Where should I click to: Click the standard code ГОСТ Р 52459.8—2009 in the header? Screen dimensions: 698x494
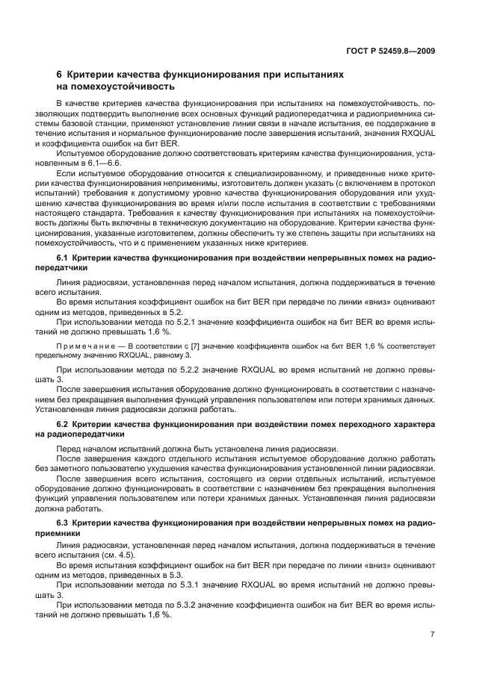[397, 51]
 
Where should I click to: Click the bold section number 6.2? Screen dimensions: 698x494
[63, 425]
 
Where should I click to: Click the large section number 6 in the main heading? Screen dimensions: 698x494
[60, 75]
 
